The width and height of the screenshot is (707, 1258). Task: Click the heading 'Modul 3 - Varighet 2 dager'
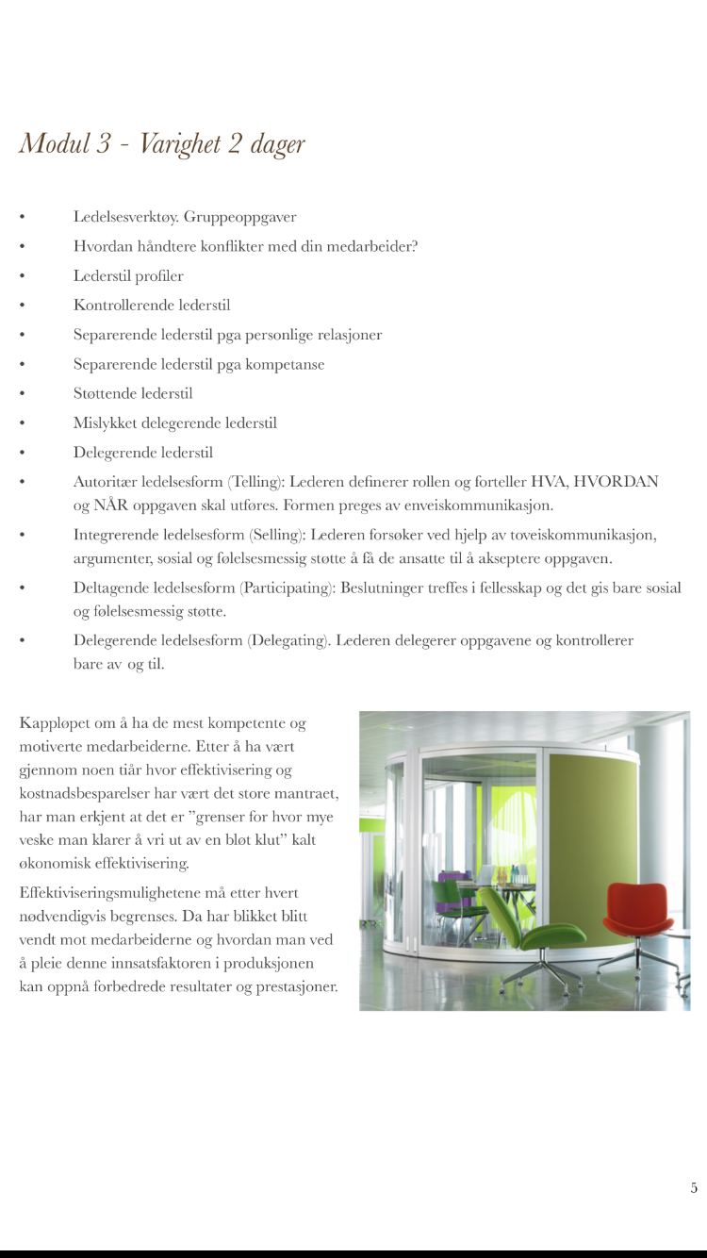click(x=162, y=143)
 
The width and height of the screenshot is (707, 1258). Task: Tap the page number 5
click(x=694, y=1188)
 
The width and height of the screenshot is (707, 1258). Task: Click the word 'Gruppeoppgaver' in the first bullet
click(x=240, y=217)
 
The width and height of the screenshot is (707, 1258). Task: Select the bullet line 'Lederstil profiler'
click(x=128, y=276)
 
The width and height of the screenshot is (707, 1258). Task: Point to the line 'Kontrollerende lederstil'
click(x=152, y=306)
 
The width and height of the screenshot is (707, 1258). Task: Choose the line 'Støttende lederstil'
click(x=133, y=393)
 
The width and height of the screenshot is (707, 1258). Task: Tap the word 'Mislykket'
click(x=106, y=423)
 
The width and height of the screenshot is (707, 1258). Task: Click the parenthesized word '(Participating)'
click(x=287, y=588)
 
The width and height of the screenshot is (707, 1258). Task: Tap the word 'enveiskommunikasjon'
click(x=477, y=505)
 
